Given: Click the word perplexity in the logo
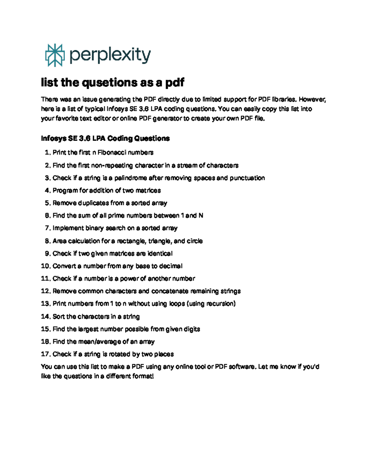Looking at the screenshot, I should pyautogui.click(x=110, y=56).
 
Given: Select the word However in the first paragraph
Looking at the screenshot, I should pyautogui.click(x=312, y=99).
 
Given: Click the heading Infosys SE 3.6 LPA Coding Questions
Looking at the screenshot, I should pyautogui.click(x=105, y=139).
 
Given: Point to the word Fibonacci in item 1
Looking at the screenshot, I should pyautogui.click(x=111, y=152).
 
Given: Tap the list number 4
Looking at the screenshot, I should pyautogui.click(x=47, y=191).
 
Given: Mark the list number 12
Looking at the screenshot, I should pyautogui.click(x=46, y=291).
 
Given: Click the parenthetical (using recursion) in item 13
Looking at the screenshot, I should pyautogui.click(x=211, y=304).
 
